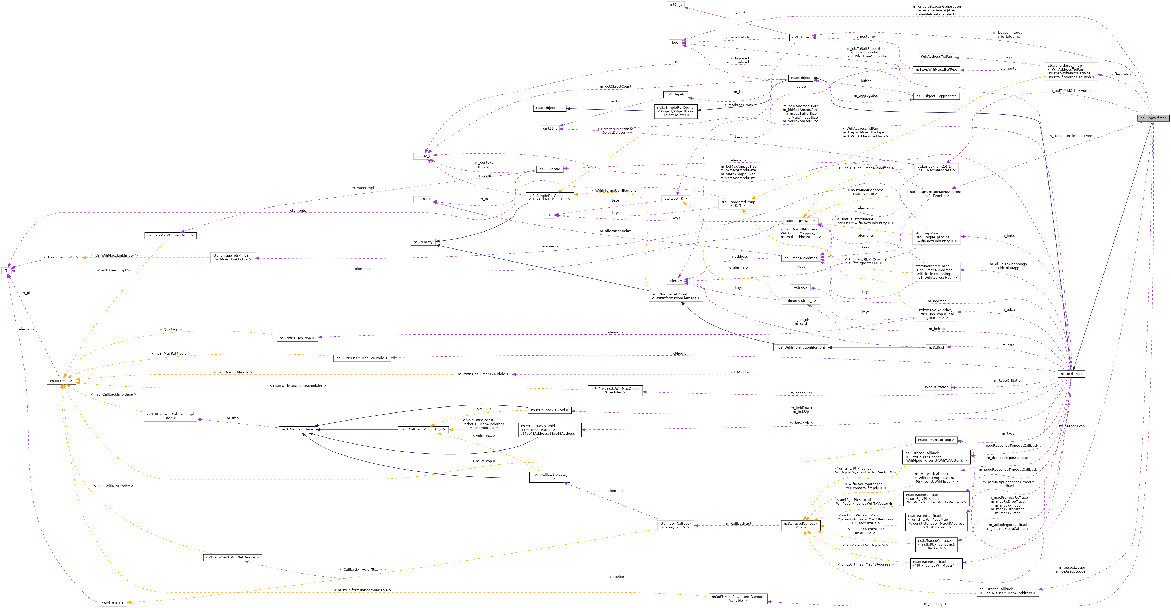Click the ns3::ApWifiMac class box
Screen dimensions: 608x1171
[1153, 118]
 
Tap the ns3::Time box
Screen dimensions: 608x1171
[800, 37]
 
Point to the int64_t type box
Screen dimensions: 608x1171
[675, 4]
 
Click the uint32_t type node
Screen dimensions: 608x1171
[423, 156]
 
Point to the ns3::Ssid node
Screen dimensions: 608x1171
[936, 348]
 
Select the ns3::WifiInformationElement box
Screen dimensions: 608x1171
[800, 348]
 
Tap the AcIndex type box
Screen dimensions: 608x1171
[800, 287]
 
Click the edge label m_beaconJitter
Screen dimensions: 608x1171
[936, 604]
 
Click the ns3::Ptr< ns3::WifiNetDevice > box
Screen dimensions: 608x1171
[232, 557]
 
